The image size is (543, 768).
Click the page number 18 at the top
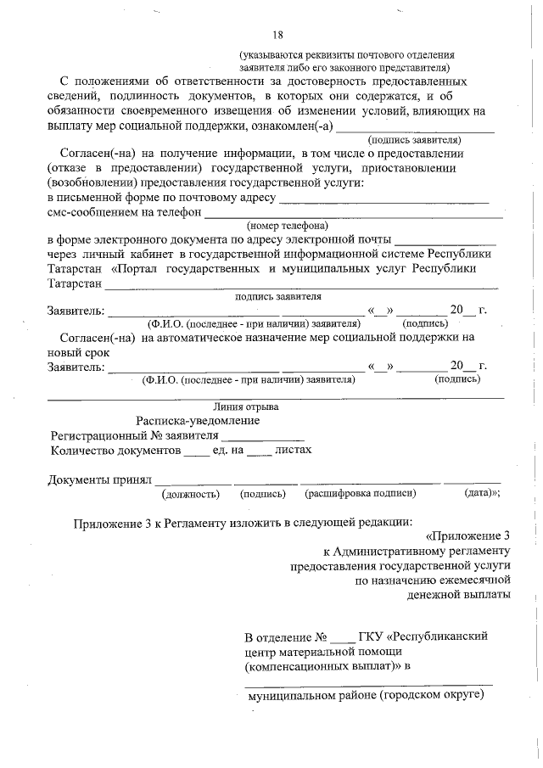(277, 35)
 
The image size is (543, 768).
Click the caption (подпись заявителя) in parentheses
(414, 139)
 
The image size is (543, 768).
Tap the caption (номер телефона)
(288, 226)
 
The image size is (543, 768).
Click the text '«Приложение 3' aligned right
(468, 535)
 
